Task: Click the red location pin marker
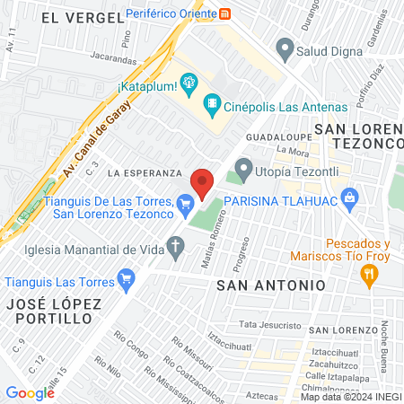203,182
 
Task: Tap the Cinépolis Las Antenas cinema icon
212,105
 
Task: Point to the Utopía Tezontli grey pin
243,166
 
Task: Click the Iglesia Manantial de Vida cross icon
176,245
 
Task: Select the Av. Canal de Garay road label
97,137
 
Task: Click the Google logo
30,392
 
